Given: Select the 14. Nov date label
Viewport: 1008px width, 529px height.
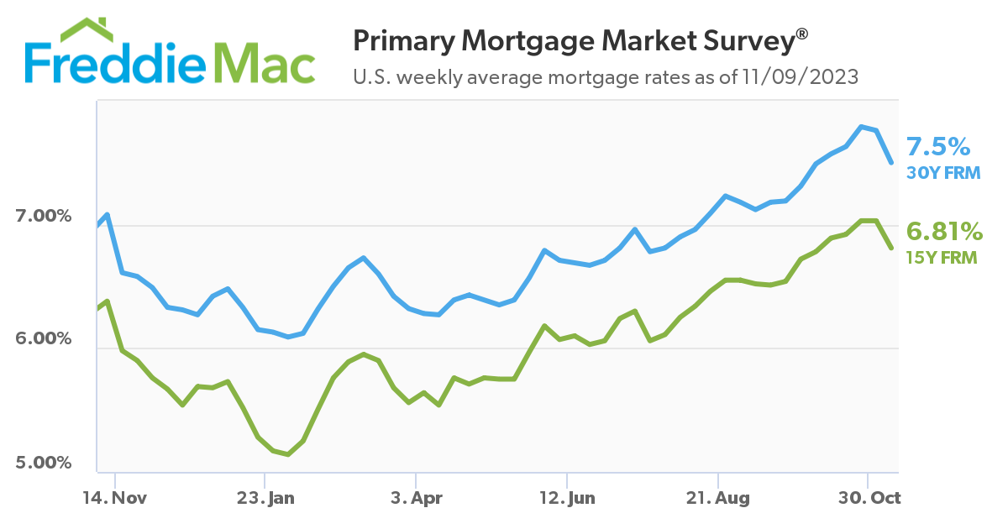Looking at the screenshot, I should tap(115, 498).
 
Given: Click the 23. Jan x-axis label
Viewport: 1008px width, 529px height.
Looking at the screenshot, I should tap(265, 498).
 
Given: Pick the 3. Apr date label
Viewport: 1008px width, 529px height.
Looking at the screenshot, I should tap(416, 498).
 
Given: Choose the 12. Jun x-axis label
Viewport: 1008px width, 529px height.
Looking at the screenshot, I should tap(567, 498).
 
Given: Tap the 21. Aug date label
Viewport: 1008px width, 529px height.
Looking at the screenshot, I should tap(718, 498).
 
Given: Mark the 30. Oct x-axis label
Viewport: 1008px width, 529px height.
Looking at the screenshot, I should tap(869, 498).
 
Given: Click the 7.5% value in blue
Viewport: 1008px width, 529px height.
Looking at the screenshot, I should tap(937, 148).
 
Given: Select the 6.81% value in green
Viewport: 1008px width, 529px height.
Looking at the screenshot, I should tap(943, 231).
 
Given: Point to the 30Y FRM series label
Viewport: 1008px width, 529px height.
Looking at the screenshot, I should tap(943, 174).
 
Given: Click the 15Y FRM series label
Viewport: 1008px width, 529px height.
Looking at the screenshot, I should tap(941, 258).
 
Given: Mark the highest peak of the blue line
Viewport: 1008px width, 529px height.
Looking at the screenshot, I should tap(861, 126).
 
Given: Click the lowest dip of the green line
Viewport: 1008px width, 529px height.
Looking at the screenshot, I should tap(288, 454).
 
